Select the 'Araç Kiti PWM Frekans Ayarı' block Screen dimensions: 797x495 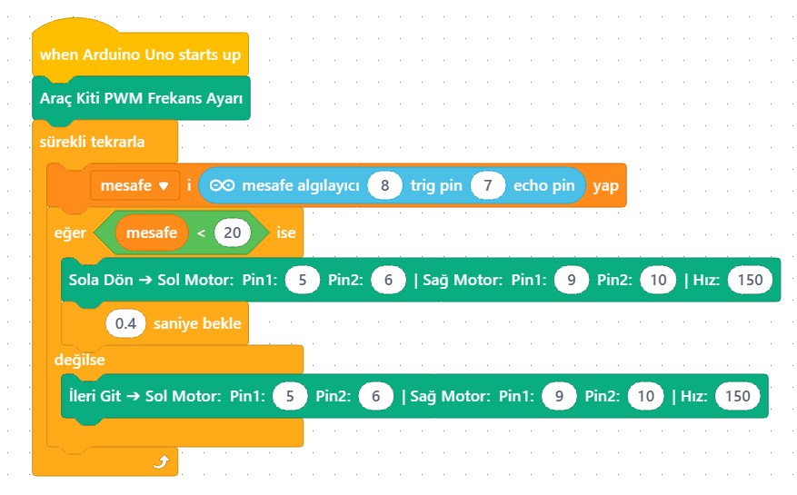(x=141, y=98)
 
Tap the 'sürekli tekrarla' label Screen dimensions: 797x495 (x=92, y=142)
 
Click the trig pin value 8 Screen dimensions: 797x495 (x=384, y=185)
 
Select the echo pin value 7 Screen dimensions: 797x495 (x=488, y=185)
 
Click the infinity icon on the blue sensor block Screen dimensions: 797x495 (x=222, y=185)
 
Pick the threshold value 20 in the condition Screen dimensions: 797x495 (x=233, y=233)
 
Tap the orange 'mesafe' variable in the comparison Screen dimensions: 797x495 (x=152, y=233)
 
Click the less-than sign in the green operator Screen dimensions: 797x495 (x=201, y=233)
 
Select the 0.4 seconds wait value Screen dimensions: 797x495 (x=125, y=323)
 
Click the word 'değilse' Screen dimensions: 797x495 (x=79, y=360)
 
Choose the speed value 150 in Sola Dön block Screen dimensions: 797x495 (x=751, y=280)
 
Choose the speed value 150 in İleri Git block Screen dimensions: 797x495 (x=738, y=396)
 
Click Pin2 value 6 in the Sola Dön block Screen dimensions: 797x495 (x=388, y=280)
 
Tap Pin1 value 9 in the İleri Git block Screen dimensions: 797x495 (x=559, y=396)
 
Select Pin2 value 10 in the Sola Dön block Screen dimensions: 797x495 (x=658, y=280)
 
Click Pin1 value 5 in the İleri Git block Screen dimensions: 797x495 (x=290, y=396)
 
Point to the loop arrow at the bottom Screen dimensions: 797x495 (x=161, y=462)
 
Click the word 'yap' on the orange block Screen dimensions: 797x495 (x=605, y=186)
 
